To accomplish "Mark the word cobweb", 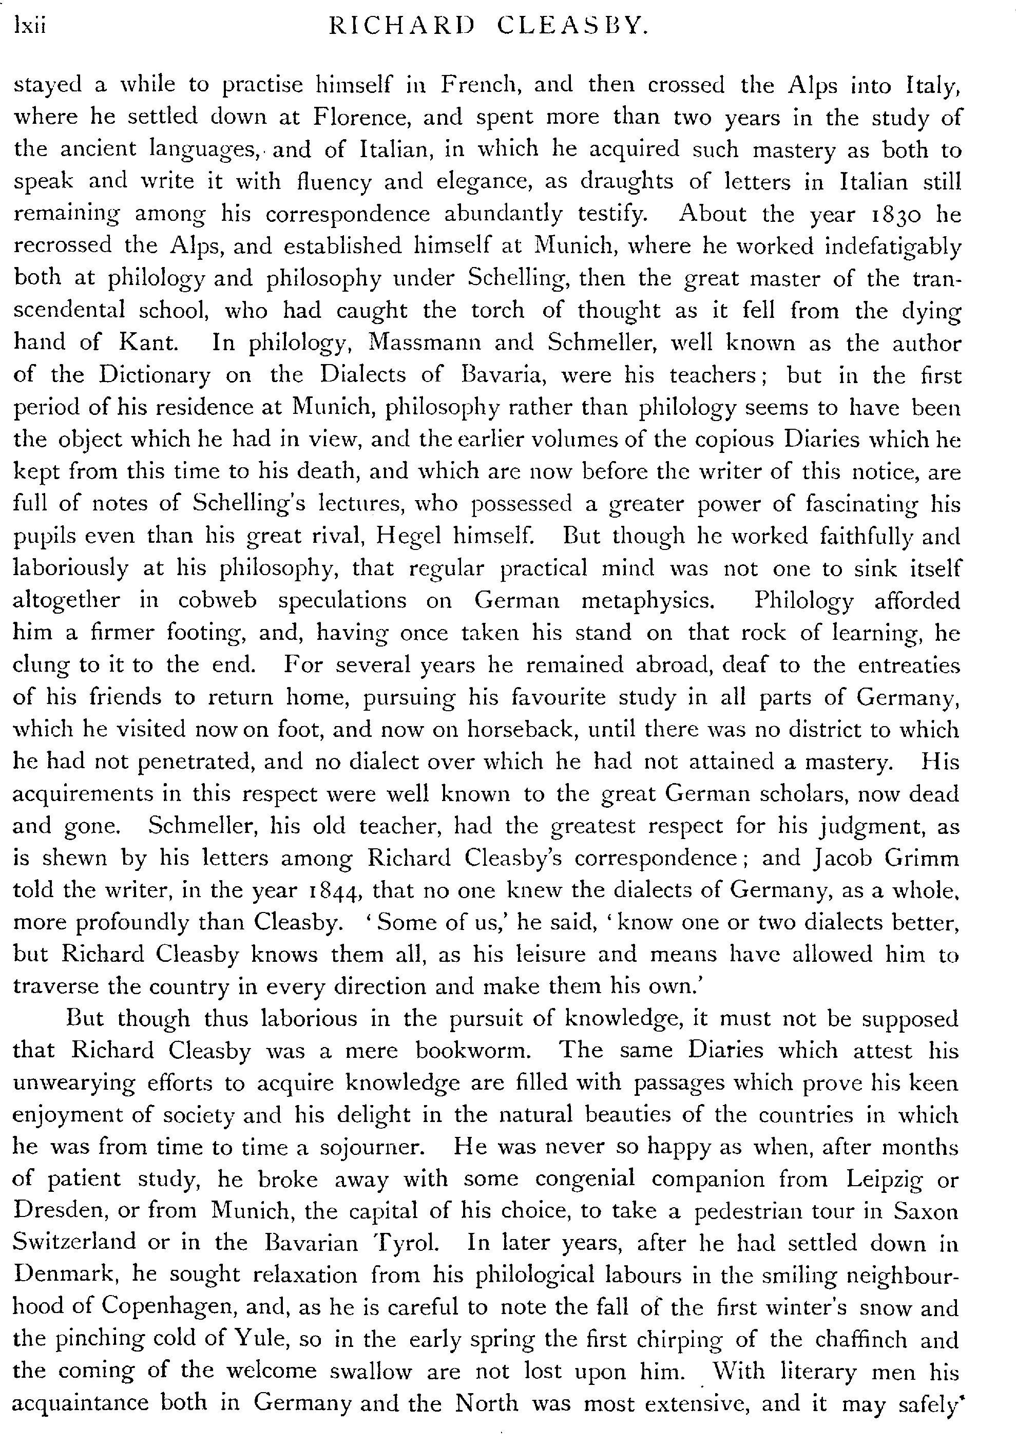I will [x=217, y=600].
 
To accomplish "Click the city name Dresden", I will [x=56, y=1210].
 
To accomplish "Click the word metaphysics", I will [x=648, y=600].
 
